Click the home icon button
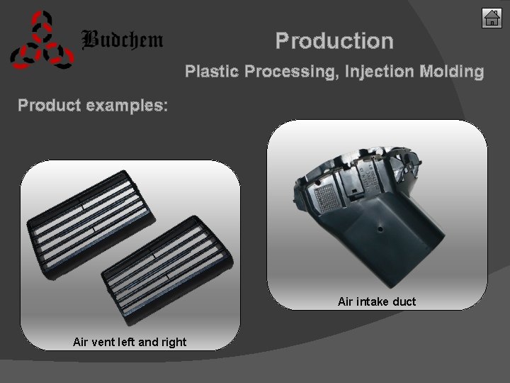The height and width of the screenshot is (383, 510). pos(492,18)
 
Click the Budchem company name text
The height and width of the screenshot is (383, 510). pos(123,40)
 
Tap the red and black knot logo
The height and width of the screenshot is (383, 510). pos(41,42)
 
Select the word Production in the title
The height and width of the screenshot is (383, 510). pos(334,40)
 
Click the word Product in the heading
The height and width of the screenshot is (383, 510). pos(48,106)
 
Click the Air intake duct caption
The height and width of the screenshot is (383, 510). pos(377,301)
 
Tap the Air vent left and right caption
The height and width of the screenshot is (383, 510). pos(130,342)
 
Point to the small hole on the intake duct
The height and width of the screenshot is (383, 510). pos(380,228)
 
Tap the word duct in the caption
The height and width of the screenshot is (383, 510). pos(404,301)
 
